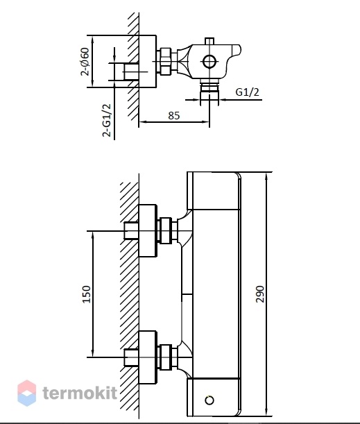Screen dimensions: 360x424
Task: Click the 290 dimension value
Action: (259, 294)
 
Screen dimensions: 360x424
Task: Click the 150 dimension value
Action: (86, 294)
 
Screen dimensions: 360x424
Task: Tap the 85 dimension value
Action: (174, 115)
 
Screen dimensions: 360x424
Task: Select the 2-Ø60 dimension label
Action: (85, 62)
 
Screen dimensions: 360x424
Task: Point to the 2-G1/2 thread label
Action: (107, 120)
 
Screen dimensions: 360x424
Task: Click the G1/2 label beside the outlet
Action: (248, 92)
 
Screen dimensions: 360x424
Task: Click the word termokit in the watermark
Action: (80, 393)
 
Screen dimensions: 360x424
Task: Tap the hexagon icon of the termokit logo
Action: (27, 393)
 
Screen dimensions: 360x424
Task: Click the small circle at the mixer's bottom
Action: (209, 400)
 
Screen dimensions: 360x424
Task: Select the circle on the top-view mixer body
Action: (209, 62)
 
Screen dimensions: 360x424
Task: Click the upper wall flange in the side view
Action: (148, 230)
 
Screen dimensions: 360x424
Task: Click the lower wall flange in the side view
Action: (148, 357)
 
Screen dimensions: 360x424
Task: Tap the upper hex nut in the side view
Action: (165, 230)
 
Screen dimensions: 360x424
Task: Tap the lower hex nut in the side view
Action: (165, 357)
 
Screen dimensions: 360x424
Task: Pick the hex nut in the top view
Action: (165, 61)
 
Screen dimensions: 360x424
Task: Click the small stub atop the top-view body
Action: (209, 41)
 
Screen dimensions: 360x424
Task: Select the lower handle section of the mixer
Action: (214, 397)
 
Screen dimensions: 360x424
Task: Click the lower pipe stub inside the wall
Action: (131, 357)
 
